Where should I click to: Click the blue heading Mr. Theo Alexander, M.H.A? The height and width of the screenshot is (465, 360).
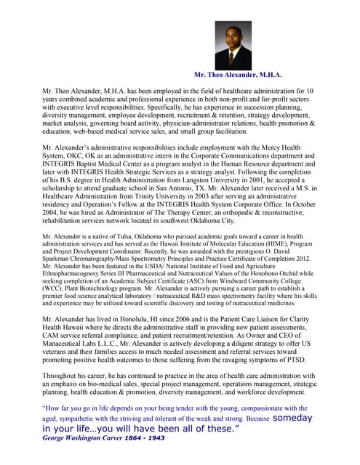238,75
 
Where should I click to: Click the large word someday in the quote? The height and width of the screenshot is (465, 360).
293,418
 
